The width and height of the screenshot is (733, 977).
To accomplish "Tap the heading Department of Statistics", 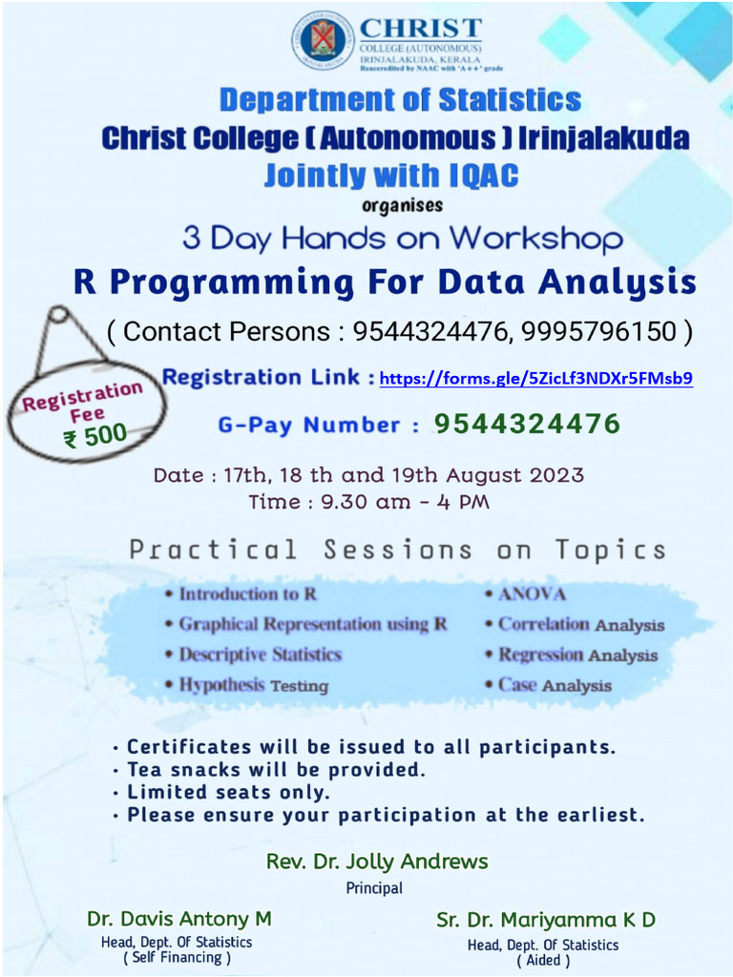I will click(x=400, y=99).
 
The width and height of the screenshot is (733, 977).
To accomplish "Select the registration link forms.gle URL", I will click(x=535, y=379).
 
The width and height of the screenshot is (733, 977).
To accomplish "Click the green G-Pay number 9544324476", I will click(x=528, y=423).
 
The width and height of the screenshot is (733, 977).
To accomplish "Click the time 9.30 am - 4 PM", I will click(x=368, y=501).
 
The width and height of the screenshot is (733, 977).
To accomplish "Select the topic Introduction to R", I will click(x=247, y=593).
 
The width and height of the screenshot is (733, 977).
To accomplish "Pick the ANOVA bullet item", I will click(x=532, y=593).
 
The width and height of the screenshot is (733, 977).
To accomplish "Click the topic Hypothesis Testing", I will click(x=253, y=684).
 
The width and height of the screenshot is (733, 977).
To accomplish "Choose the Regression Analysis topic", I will click(x=577, y=655).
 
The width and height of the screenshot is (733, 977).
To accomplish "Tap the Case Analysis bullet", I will click(x=555, y=685).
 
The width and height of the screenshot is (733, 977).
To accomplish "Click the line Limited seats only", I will click(x=228, y=792).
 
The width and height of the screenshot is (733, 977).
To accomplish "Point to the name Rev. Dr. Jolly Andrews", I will click(x=377, y=862).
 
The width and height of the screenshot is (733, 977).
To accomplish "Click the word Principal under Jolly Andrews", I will click(x=374, y=888).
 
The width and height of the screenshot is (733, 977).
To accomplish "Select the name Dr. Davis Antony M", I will click(x=179, y=919).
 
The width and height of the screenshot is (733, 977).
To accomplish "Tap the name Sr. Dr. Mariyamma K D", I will click(x=546, y=921).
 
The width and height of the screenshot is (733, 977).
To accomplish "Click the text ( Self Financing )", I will click(x=178, y=958).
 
